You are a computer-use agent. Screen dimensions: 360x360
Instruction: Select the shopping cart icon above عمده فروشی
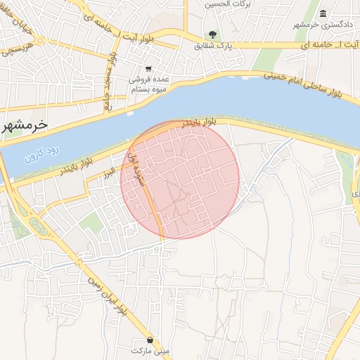(x=148, y=69)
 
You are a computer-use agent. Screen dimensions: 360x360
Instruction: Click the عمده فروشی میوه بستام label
(x=148, y=84)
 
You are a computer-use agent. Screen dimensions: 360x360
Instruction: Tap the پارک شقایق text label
(x=213, y=46)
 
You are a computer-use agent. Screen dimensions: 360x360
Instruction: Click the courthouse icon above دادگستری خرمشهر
(x=323, y=14)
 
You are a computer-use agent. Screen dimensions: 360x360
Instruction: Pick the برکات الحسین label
(x=226, y=4)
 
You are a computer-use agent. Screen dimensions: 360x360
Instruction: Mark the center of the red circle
(x=180, y=179)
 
